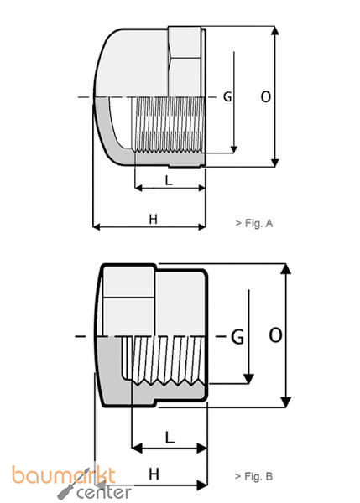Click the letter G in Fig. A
227,97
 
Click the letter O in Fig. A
265,97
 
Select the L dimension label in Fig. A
169,179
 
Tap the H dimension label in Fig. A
153,219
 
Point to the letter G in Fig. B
237,337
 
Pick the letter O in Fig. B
274,336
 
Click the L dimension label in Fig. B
169,437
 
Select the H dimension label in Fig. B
154,474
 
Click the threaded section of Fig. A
168,126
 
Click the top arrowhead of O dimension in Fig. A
275,30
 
